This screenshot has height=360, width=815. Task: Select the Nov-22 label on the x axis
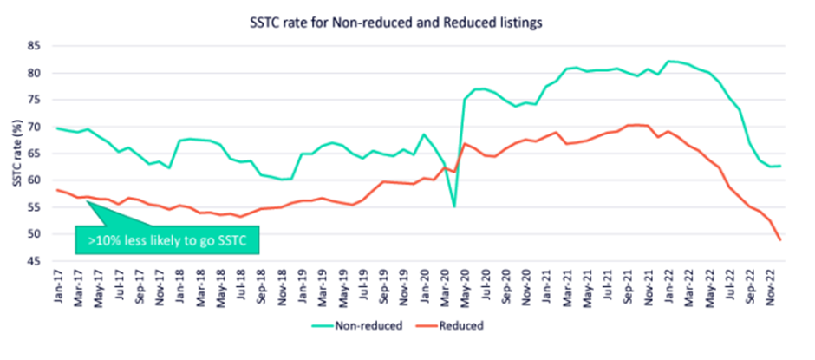[770, 286]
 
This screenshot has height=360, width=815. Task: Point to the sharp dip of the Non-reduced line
[454, 206]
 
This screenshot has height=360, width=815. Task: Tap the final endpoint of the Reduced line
[780, 240]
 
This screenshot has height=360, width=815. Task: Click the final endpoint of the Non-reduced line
[780, 166]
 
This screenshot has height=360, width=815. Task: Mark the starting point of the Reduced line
[56, 189]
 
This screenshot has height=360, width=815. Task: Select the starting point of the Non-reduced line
[56, 128]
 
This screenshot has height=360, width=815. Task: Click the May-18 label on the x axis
[221, 286]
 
